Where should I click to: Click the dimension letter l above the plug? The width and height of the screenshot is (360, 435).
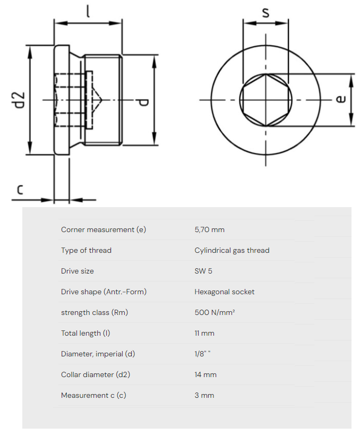[x=88, y=11]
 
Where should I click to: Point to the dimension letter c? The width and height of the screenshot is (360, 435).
[x=19, y=189]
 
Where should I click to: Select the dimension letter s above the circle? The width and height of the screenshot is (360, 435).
[x=265, y=12]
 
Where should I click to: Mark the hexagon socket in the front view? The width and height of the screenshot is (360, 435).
[x=265, y=100]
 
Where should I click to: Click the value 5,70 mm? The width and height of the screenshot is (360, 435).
[x=209, y=229]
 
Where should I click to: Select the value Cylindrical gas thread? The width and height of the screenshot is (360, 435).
[x=232, y=250]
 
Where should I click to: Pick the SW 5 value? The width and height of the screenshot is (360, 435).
[x=203, y=271]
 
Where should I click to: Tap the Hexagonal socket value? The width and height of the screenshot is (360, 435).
[x=224, y=292]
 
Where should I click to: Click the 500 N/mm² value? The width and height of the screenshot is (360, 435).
[x=215, y=312]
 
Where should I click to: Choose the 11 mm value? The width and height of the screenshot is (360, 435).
[x=204, y=333]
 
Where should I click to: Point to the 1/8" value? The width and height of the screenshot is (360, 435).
[x=202, y=354]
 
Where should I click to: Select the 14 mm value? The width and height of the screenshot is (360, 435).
[x=205, y=374]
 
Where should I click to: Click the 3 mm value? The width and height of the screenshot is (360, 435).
[x=204, y=395]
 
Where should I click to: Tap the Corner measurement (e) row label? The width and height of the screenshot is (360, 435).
[x=103, y=229]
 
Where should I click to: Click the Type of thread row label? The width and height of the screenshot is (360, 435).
[x=86, y=250]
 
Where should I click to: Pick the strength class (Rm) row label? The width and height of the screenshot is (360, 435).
[x=94, y=312]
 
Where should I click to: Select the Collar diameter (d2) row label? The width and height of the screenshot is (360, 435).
[x=95, y=374]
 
